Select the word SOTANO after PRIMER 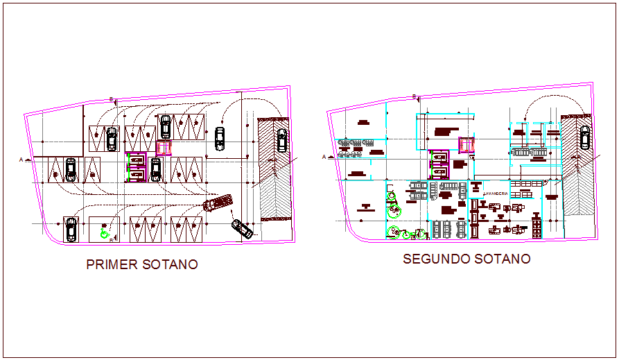point(169,264)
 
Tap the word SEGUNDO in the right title point(435,259)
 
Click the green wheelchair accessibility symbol point(105,234)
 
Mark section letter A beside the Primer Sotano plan point(21,160)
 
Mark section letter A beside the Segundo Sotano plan point(324,157)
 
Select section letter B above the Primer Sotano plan point(111,99)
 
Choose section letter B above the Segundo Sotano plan point(414,96)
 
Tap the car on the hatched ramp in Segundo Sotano point(584,137)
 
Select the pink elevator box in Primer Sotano point(164,148)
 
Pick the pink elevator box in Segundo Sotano point(466,144)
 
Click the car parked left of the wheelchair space point(71,230)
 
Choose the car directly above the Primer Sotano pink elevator point(166,127)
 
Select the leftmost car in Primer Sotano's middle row point(70,169)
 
